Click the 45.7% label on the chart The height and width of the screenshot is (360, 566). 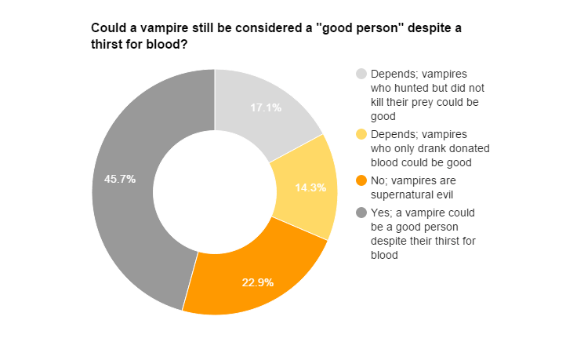120,179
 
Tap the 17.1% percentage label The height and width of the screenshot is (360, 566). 266,108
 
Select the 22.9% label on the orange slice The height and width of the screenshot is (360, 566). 257,282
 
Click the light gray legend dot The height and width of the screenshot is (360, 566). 361,74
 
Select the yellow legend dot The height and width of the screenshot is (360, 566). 361,134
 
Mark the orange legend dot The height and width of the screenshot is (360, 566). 361,180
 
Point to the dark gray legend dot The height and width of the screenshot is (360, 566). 361,213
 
